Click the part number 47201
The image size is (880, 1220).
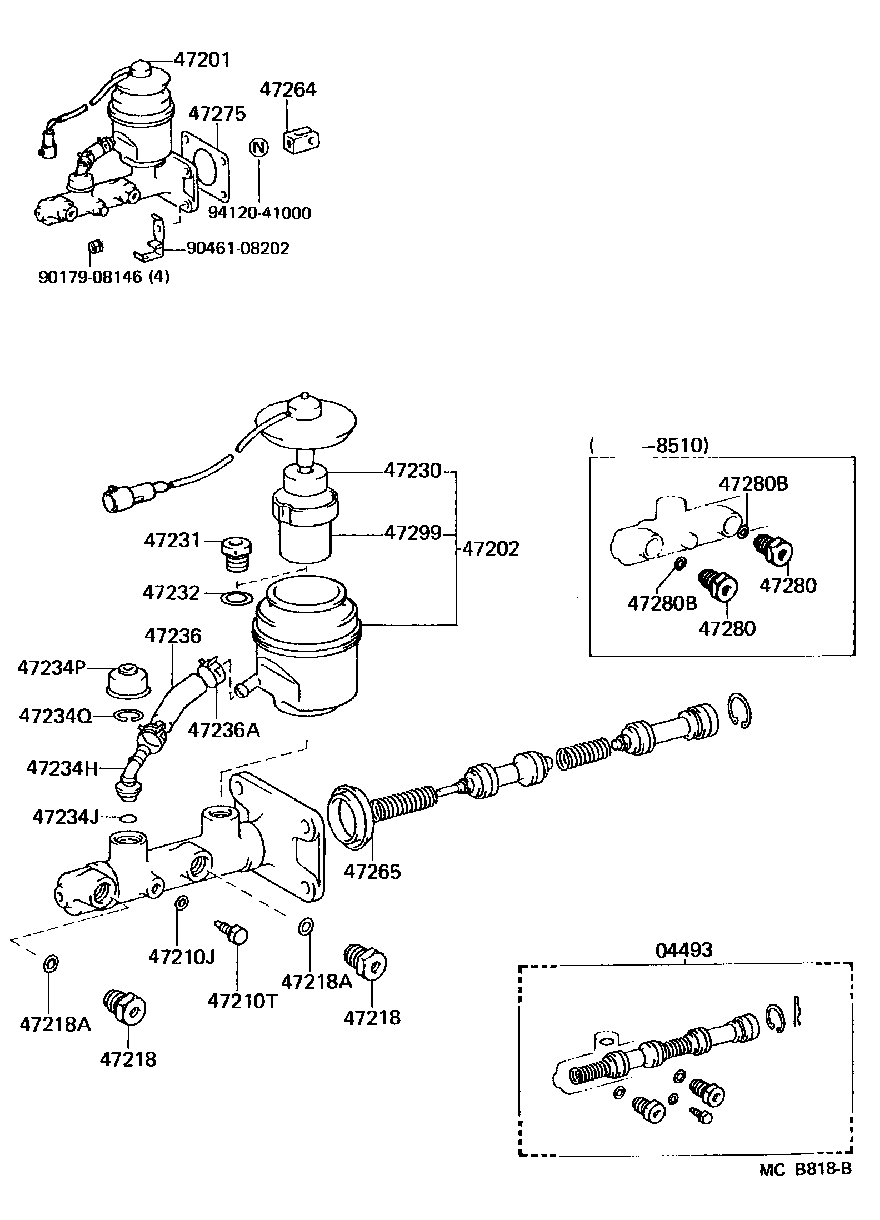pos(202,59)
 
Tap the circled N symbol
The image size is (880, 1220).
pos(259,147)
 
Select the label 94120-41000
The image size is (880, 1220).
pos(259,213)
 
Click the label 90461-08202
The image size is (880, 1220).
pos(238,248)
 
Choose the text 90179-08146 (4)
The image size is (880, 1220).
pos(104,276)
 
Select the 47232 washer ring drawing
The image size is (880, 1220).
pos(237,599)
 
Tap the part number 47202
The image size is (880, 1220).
pos(491,549)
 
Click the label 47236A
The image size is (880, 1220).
pos(224,730)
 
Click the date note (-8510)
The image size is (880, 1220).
pos(649,446)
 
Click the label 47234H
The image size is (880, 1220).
pos(62,768)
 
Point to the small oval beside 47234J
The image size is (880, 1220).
pos(128,818)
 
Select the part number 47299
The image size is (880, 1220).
pos(413,533)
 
